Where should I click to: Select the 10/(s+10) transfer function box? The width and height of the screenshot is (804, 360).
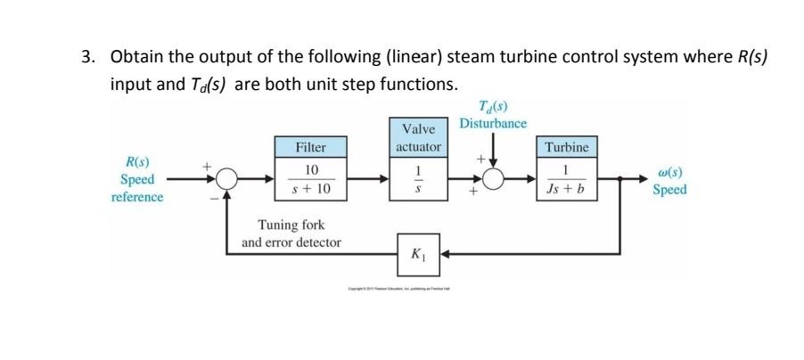tap(311, 179)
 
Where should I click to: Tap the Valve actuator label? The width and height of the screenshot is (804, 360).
tap(417, 138)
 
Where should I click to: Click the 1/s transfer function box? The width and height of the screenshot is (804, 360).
tap(417, 179)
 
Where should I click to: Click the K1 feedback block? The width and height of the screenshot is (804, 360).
tap(417, 253)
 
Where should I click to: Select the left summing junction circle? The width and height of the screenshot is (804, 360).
tap(227, 179)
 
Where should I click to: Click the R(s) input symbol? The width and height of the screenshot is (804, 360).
tap(136, 163)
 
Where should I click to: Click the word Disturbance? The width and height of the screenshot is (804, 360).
tap(493, 123)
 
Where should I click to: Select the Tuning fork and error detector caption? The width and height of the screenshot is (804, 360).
tap(291, 233)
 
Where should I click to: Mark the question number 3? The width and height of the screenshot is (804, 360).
tap(86, 57)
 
